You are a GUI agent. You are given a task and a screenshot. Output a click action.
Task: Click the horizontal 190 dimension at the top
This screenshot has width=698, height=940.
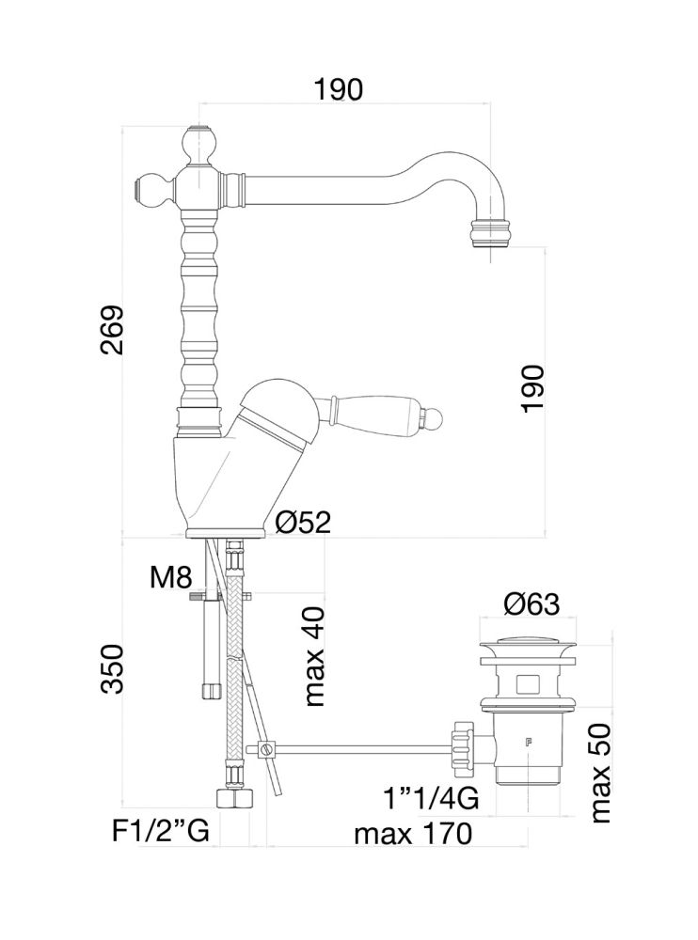coord(339,89)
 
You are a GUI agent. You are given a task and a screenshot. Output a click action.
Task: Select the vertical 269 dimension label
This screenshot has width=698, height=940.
coord(113,330)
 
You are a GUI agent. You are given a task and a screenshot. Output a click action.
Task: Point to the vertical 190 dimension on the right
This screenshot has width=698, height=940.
coord(532,387)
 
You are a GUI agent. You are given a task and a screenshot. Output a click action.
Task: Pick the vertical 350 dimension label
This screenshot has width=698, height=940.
coord(113,668)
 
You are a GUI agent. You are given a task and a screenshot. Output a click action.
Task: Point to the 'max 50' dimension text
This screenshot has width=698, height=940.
coord(600,773)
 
